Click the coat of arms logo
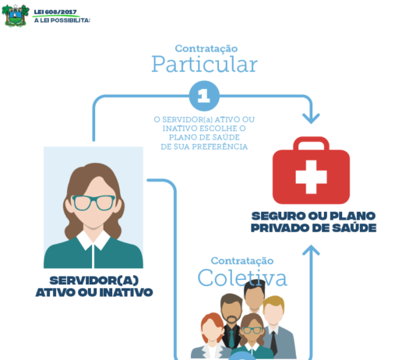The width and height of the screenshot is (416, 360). coord(16,16)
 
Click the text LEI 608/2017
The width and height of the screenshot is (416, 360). coord(55,12)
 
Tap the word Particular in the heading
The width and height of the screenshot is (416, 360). coord(204,64)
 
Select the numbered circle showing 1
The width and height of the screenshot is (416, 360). coord(204,96)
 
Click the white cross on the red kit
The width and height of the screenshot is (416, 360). coord(311,177)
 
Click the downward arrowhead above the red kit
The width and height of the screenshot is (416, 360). coord(311,118)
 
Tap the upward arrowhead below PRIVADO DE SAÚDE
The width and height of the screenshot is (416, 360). coord(311,249)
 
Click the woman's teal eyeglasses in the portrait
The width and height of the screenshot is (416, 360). coord(93,203)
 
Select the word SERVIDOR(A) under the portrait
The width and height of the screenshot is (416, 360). coord(94,281)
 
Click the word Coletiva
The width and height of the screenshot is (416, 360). coord(242,277)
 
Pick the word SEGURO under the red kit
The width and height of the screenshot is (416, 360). coord(278,216)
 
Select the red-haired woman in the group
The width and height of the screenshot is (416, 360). coord(212,336)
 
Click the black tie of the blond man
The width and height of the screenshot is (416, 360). coord(273,343)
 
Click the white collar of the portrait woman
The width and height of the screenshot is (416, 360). coord(93,240)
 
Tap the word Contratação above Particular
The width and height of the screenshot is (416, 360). coord(206,48)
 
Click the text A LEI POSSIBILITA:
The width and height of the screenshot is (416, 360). coord(62,20)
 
